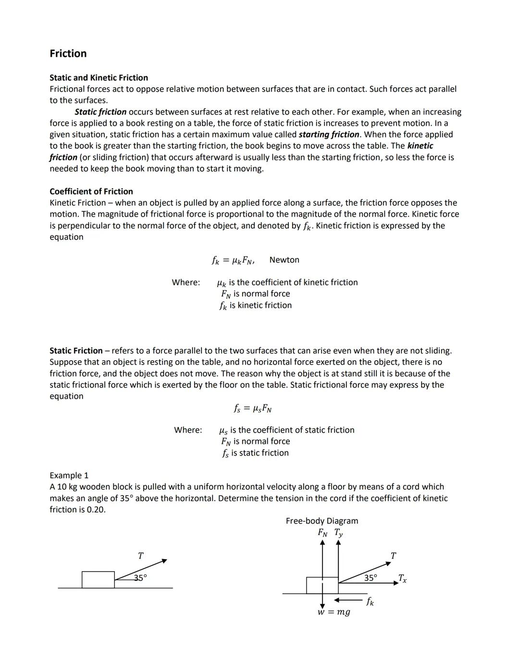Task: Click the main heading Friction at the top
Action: pyautogui.click(x=68, y=53)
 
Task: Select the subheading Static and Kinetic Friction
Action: pyautogui.click(x=99, y=77)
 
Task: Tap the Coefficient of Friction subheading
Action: pyautogui.click(x=91, y=191)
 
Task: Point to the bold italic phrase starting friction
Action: pyautogui.click(x=329, y=134)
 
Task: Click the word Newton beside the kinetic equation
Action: pyautogui.click(x=284, y=260)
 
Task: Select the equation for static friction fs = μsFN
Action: pyautogui.click(x=253, y=409)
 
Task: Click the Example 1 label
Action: pyautogui.click(x=69, y=475)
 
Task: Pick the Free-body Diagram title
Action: pyautogui.click(x=321, y=521)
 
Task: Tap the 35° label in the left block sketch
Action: pyautogui.click(x=140, y=577)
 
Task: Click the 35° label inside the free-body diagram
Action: pyautogui.click(x=370, y=577)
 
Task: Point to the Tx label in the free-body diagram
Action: pyautogui.click(x=402, y=578)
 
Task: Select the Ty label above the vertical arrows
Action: pyautogui.click(x=338, y=533)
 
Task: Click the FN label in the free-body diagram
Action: pyautogui.click(x=323, y=533)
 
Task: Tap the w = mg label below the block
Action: pyautogui.click(x=334, y=612)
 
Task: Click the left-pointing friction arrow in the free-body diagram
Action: pyautogui.click(x=348, y=600)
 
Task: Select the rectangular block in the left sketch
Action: pyautogui.click(x=98, y=580)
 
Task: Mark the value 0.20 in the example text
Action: pyautogui.click(x=96, y=510)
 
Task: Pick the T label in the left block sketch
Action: pyautogui.click(x=140, y=556)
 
